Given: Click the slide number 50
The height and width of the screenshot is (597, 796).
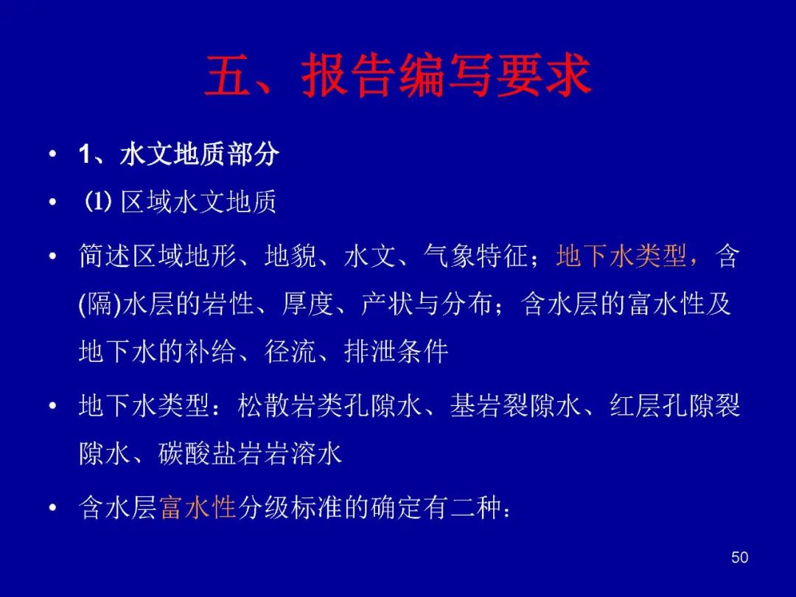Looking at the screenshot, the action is (x=740, y=557).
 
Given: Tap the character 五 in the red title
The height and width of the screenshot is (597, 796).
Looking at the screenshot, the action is (x=228, y=75).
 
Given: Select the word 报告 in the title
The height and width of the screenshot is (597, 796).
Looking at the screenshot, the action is (x=349, y=75).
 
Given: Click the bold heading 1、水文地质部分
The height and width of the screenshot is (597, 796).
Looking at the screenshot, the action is (x=178, y=154).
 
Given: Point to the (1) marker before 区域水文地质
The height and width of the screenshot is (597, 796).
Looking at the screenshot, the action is (x=97, y=202).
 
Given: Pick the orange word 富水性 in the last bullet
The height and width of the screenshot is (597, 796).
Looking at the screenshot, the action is (x=198, y=507).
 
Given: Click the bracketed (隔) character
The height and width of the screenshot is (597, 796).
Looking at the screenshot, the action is (x=100, y=304).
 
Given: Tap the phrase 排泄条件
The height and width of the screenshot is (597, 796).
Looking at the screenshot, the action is (x=396, y=351).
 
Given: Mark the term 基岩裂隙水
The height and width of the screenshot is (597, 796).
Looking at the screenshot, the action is (x=515, y=406).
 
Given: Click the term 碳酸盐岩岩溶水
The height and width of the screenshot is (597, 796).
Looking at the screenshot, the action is (x=251, y=453).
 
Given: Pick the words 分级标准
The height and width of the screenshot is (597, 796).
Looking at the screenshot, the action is (x=290, y=507).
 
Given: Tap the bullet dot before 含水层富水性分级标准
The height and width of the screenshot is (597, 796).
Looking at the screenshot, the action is (x=53, y=508).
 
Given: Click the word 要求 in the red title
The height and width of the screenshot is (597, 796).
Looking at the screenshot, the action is (x=544, y=75).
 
